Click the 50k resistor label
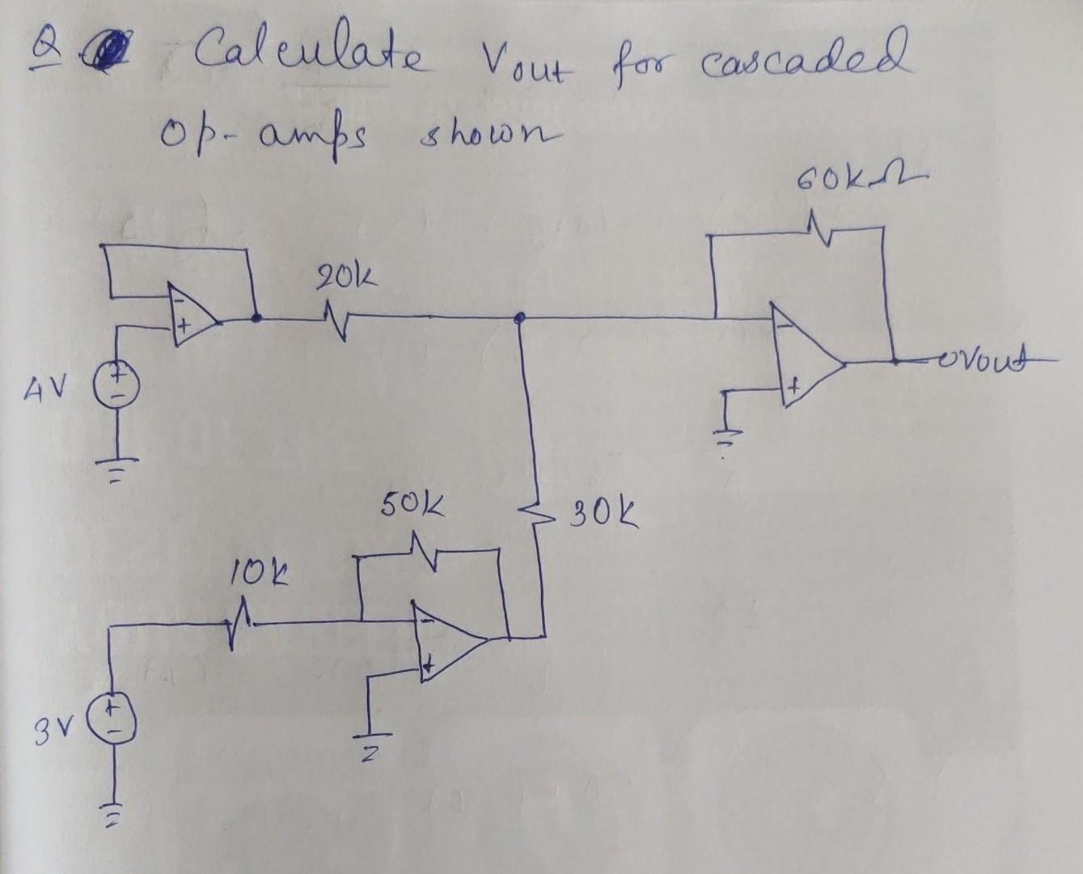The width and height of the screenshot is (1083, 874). click(x=412, y=510)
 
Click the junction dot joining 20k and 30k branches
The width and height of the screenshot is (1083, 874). click(x=521, y=318)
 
